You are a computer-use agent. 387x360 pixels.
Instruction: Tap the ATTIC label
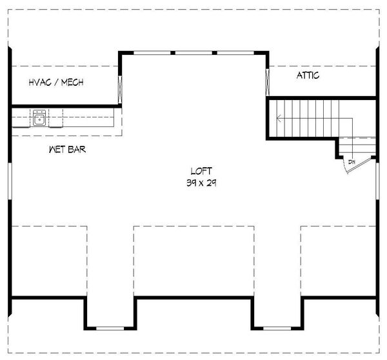308,76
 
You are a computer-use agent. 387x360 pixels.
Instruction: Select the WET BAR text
68,150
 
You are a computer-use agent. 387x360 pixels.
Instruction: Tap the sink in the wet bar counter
40,118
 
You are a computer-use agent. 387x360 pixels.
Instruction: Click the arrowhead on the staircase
279,118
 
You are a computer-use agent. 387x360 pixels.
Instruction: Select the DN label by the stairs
352,161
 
